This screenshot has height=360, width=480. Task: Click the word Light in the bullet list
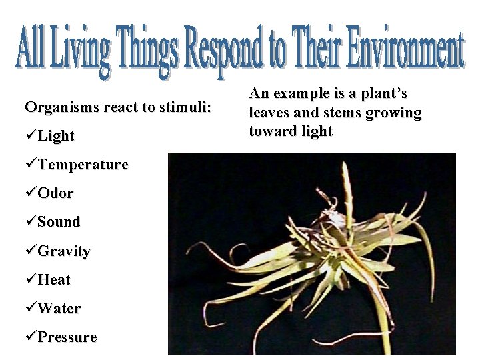point(56,137)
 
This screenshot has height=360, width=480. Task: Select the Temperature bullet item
point(83,165)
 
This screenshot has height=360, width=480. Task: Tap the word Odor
point(55,193)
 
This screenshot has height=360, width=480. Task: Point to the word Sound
point(59,222)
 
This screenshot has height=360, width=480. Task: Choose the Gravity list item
point(64,251)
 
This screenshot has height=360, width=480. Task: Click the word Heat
point(54,280)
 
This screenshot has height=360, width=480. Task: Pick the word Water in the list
point(59,309)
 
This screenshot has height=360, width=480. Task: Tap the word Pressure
point(67,337)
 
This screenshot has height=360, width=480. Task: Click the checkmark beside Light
point(31,137)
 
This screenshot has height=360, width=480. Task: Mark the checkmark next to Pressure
point(31,337)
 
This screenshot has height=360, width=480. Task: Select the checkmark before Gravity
point(31,251)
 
